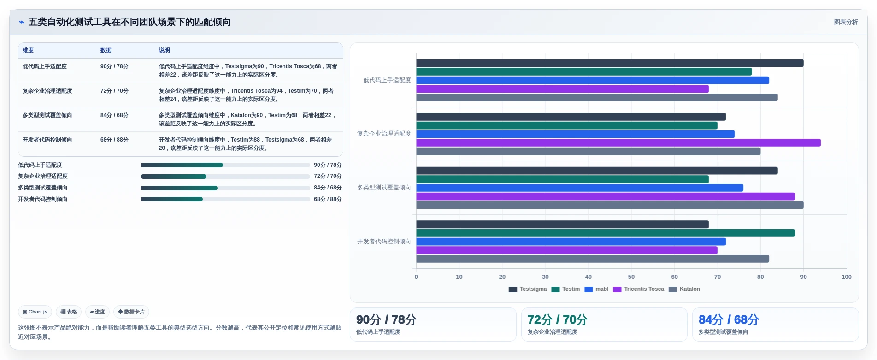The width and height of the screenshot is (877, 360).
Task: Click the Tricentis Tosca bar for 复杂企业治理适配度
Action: click(618, 143)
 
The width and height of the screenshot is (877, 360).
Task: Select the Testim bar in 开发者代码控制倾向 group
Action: click(606, 233)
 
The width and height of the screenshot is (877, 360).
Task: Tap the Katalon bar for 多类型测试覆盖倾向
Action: click(610, 205)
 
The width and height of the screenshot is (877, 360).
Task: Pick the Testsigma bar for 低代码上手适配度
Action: click(610, 63)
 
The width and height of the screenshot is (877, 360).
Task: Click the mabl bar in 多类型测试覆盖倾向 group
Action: click(580, 188)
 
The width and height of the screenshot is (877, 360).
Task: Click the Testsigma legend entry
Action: click(528, 289)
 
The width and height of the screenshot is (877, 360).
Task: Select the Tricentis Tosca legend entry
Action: click(639, 289)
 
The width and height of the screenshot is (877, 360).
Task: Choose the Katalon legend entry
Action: click(684, 289)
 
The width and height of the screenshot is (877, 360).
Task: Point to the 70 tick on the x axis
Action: click(718, 277)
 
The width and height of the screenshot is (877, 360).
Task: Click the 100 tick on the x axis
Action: click(847, 277)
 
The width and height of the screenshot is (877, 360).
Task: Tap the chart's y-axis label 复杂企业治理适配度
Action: click(384, 134)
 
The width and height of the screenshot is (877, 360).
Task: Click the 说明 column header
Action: click(165, 50)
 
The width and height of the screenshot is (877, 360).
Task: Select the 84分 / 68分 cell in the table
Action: click(114, 115)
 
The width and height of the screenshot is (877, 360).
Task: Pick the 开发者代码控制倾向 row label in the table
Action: click(47, 140)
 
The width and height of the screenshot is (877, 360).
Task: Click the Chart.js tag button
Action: click(35, 312)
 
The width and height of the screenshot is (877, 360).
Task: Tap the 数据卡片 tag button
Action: click(131, 312)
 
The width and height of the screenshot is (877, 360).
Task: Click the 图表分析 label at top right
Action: click(846, 22)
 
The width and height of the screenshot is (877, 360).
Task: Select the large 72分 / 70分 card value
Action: click(557, 319)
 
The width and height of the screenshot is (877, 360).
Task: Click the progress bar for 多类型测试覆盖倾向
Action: click(225, 188)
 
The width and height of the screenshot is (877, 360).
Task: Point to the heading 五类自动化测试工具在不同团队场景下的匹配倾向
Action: click(129, 22)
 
